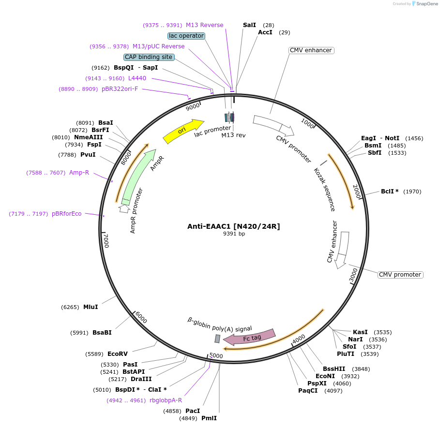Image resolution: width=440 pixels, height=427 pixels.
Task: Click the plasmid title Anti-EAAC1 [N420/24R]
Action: pyautogui.click(x=234, y=226)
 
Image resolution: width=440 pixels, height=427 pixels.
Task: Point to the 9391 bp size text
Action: pyautogui.click(x=234, y=234)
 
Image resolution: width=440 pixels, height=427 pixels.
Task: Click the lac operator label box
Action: pyautogui.click(x=186, y=36)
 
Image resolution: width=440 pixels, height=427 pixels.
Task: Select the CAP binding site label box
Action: pyautogui.click(x=149, y=57)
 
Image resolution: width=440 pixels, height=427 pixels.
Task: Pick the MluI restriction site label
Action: pyautogui.click(x=91, y=307)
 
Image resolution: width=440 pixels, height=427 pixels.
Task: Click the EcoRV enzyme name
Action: pyautogui.click(x=118, y=354)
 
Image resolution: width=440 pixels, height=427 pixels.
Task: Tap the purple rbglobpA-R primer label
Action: pyautogui.click(x=166, y=400)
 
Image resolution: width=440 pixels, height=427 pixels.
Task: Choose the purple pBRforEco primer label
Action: pyautogui.click(x=67, y=214)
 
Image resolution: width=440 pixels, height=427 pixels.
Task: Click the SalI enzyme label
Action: pyautogui.click(x=249, y=25)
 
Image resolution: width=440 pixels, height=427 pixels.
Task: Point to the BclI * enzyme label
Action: pyautogui.click(x=390, y=191)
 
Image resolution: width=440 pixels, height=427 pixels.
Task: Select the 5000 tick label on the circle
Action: pyautogui.click(x=216, y=356)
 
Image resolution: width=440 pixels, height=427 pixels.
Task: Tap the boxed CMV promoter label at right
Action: pyautogui.click(x=400, y=275)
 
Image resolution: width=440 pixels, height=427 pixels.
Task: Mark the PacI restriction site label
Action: pyautogui.click(x=193, y=411)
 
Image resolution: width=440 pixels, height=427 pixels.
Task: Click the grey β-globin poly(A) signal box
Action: pyautogui.click(x=217, y=339)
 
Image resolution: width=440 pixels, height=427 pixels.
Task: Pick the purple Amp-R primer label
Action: pyautogui.click(x=79, y=173)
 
